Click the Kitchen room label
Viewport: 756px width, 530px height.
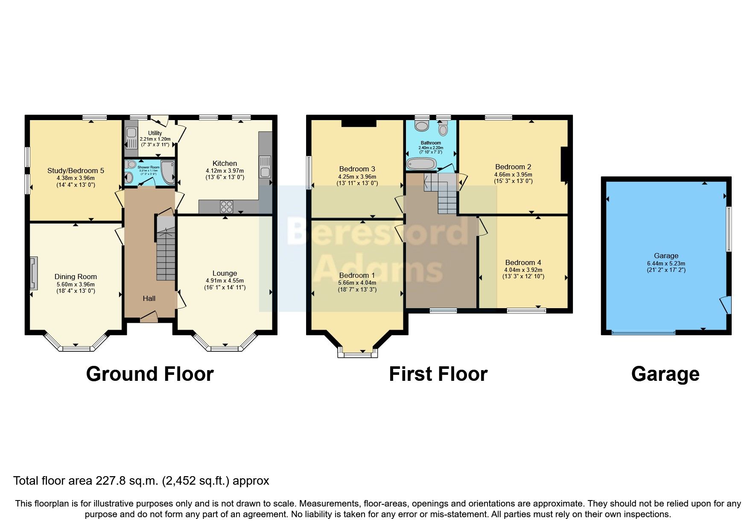(x=225, y=163)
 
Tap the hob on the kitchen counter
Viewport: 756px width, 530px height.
(x=227, y=207)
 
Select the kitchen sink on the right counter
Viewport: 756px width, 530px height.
(x=265, y=167)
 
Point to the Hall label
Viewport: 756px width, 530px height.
(x=149, y=298)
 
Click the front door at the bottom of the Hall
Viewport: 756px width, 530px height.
(x=149, y=318)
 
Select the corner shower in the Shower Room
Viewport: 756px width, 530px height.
(x=169, y=172)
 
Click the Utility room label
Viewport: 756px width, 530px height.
(x=155, y=133)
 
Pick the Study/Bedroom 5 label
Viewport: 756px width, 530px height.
(x=76, y=171)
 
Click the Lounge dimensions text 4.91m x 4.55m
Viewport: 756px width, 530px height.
(x=225, y=281)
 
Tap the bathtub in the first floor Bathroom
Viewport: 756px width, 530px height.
(x=421, y=164)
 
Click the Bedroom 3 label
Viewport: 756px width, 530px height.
(x=357, y=169)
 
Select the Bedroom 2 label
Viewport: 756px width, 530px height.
(x=513, y=167)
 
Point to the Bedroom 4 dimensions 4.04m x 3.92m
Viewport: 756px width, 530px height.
(x=523, y=270)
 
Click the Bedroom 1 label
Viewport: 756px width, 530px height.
(x=357, y=275)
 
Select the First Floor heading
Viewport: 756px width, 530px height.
(x=438, y=374)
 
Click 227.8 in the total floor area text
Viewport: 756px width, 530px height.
(x=111, y=481)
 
